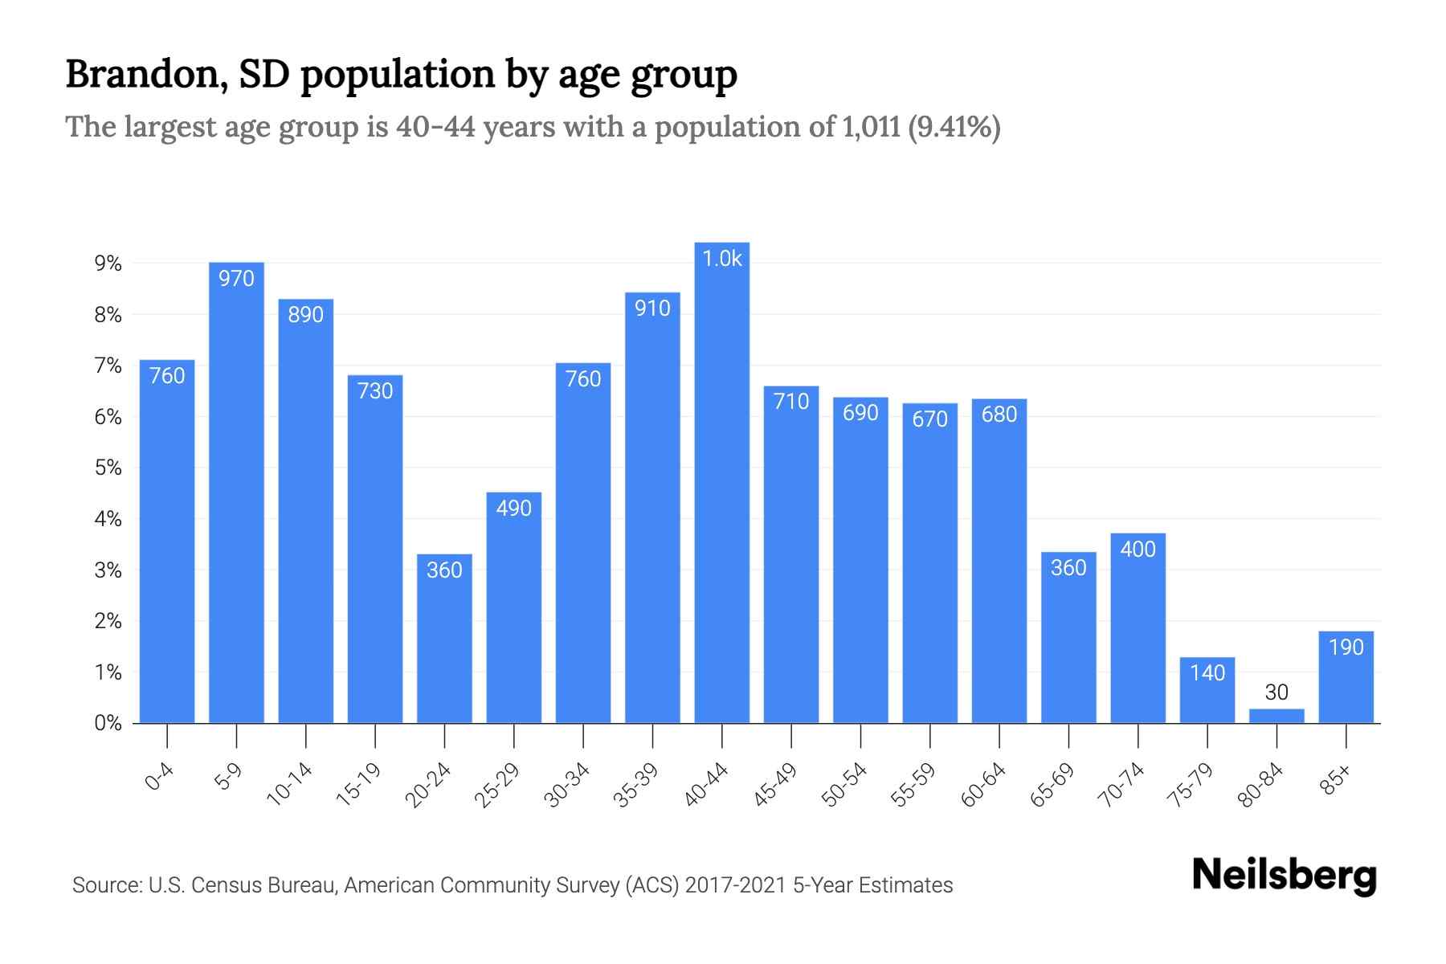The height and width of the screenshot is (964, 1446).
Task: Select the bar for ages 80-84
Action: click(1276, 716)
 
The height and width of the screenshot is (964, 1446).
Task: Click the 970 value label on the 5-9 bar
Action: click(236, 279)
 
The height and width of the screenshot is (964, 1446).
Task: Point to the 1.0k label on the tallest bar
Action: click(721, 259)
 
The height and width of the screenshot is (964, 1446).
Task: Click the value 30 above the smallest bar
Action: click(1276, 692)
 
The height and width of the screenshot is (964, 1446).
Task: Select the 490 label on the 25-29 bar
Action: click(513, 509)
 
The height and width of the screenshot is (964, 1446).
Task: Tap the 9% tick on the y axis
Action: click(108, 263)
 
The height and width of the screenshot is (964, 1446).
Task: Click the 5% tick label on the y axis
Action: click(108, 468)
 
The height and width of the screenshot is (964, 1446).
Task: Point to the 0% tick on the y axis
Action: click(108, 724)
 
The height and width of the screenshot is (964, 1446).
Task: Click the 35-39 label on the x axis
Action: click(635, 785)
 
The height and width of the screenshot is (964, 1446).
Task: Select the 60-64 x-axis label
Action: click(982, 785)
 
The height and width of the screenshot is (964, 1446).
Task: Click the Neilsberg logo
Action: click(1284, 876)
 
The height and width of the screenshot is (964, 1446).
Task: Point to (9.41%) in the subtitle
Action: click(954, 127)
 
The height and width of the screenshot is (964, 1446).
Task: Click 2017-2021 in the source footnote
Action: click(735, 885)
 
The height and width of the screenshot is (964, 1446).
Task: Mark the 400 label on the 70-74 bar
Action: click(1138, 549)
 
